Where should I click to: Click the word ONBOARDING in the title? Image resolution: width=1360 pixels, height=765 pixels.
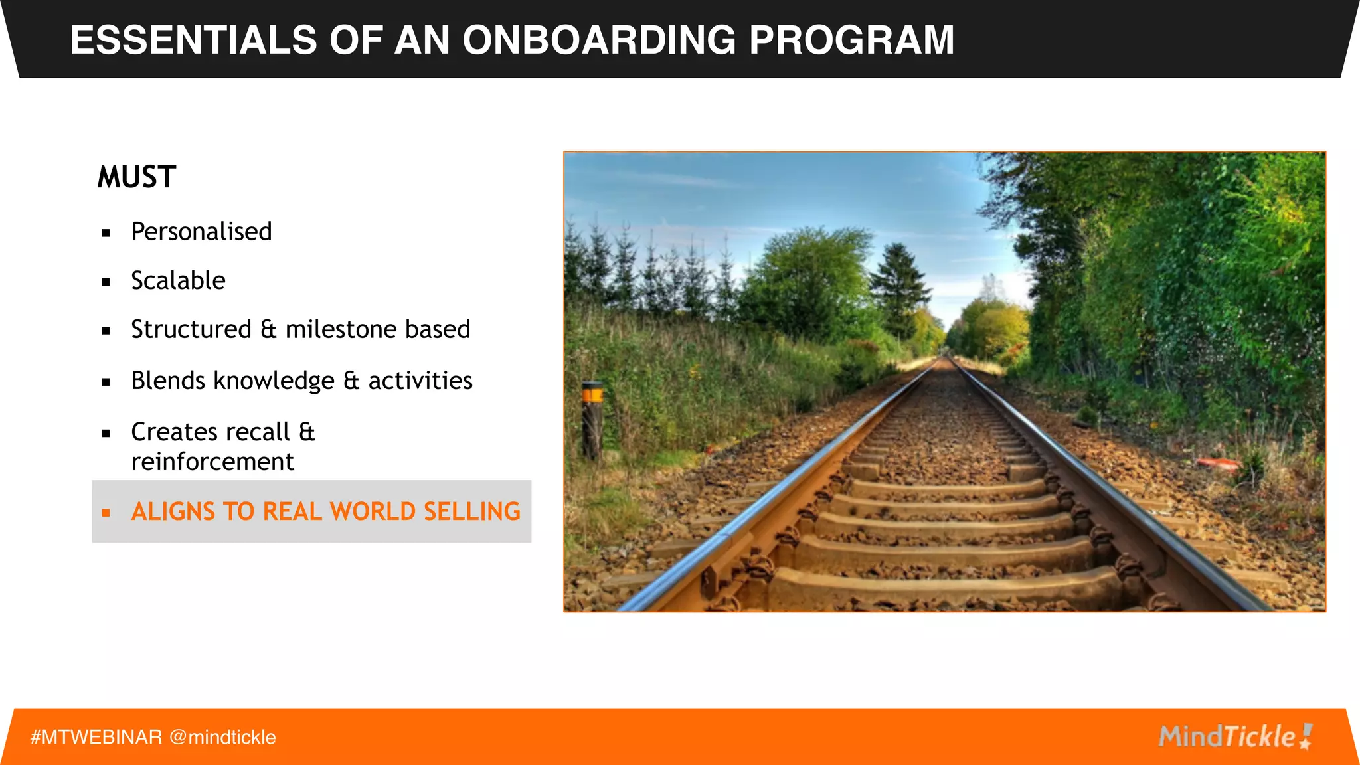[599, 40]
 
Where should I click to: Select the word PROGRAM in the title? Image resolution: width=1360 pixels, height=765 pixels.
[851, 40]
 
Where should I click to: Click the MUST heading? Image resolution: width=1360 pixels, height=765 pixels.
[137, 177]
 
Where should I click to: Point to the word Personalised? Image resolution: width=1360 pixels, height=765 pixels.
[201, 232]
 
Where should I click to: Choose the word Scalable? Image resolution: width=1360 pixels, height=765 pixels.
[178, 280]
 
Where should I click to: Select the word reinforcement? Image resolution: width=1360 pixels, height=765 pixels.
[212, 462]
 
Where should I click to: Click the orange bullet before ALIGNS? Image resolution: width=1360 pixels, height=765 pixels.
[106, 512]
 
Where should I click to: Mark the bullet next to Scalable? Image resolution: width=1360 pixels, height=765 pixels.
[106, 282]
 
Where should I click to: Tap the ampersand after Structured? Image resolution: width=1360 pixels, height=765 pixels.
[268, 329]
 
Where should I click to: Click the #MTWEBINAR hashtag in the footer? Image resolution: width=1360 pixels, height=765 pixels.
[96, 737]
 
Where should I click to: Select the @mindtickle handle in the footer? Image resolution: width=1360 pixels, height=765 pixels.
[222, 737]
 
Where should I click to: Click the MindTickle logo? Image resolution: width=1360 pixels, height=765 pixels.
[1235, 736]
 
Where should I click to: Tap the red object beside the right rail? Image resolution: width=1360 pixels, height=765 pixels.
[1217, 463]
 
